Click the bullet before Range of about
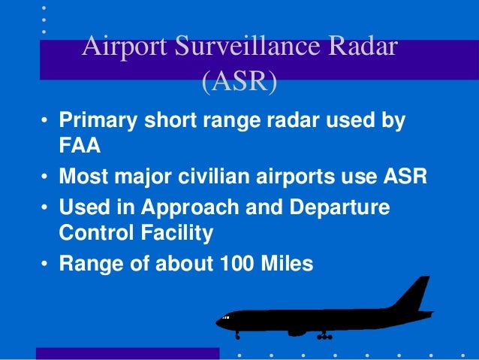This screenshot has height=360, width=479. click(46, 265)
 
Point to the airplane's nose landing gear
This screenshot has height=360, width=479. click(237, 334)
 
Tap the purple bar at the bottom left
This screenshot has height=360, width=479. click(128, 353)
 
